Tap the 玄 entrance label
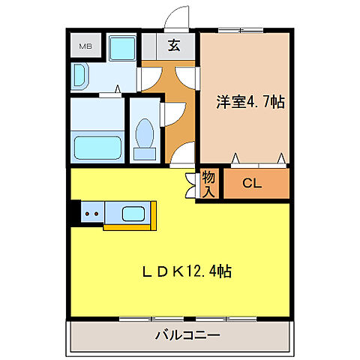(x=174, y=45)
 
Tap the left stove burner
(x=88, y=213)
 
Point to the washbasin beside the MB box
(x=81, y=75)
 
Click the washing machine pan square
(x=120, y=49)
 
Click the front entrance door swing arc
(x=178, y=21)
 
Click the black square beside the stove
(x=73, y=213)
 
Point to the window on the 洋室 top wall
(x=242, y=30)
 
